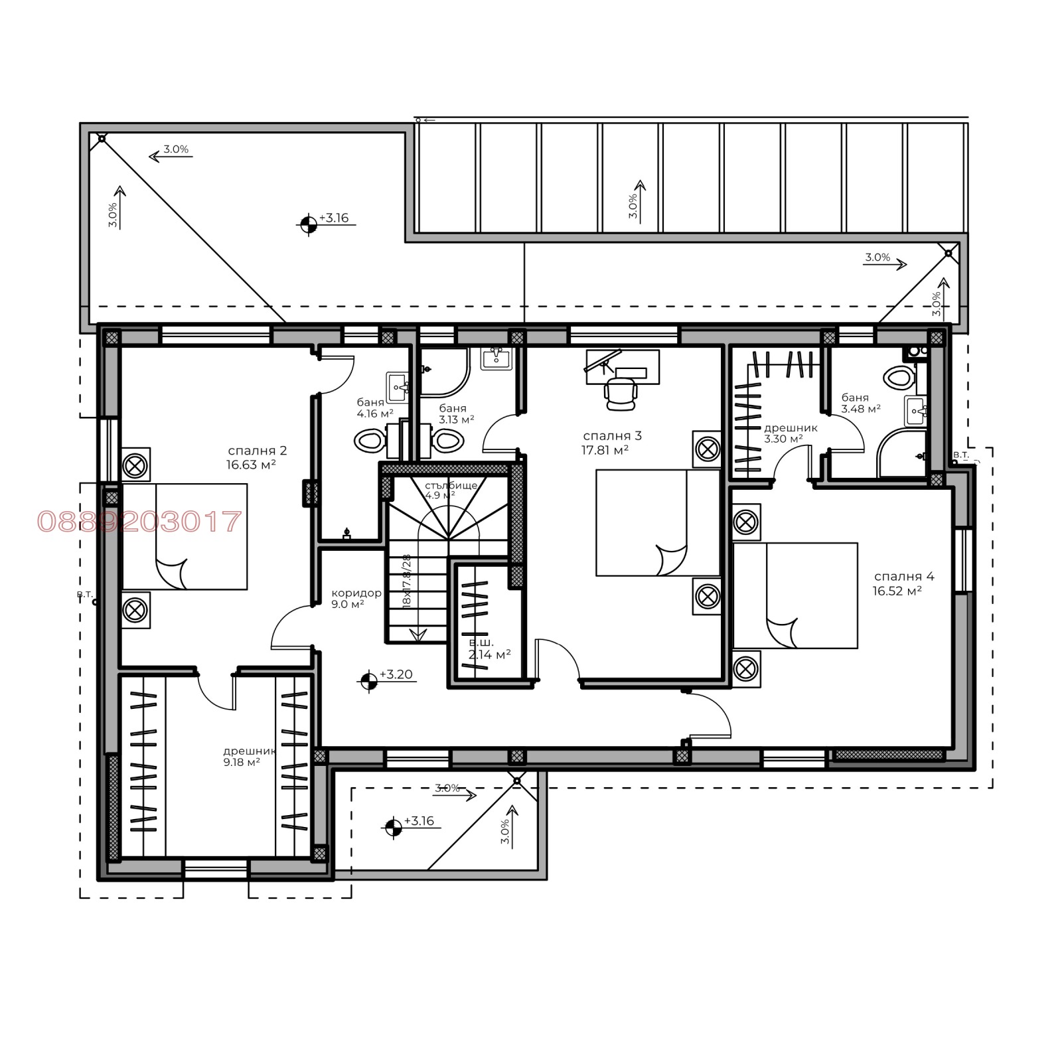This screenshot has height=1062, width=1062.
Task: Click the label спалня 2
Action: click(x=257, y=451)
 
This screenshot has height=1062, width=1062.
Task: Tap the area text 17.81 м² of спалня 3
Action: click(x=604, y=450)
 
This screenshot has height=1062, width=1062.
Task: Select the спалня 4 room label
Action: click(x=903, y=576)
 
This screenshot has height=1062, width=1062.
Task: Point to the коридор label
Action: click(x=356, y=593)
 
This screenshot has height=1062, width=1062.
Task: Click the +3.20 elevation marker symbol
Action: click(x=368, y=681)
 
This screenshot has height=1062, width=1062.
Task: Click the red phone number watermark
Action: click(x=139, y=522)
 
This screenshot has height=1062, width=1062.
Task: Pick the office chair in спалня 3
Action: click(x=621, y=392)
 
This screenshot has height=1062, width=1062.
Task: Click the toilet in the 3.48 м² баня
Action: click(x=899, y=378)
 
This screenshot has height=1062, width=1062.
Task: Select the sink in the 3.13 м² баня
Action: click(x=496, y=359)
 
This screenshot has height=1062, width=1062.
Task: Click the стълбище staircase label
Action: click(x=451, y=485)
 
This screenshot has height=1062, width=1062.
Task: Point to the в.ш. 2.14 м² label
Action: click(x=489, y=648)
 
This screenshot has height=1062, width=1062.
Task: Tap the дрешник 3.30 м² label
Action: click(x=790, y=433)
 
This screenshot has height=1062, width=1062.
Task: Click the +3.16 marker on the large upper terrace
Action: click(x=307, y=225)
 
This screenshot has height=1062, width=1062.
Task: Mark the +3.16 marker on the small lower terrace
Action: click(x=393, y=827)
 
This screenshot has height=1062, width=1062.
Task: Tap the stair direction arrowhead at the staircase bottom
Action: click(x=418, y=635)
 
